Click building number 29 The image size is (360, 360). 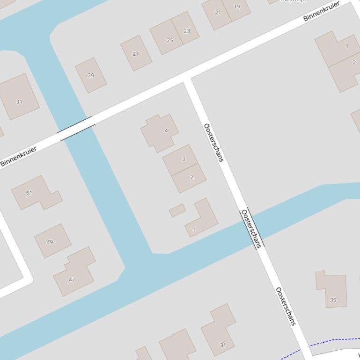91,75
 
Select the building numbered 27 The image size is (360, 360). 136,53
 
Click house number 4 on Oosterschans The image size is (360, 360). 160,133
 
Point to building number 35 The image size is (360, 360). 332,290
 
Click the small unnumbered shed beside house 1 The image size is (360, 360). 177,210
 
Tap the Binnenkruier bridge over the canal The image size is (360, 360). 76,129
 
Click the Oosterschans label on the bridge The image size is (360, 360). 251,229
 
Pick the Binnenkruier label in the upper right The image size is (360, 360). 321,11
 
